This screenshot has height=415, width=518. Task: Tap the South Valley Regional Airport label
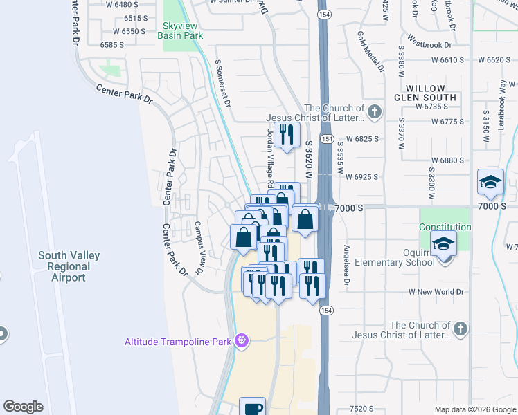click(x=69, y=266)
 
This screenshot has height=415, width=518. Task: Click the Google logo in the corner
click(x=24, y=407)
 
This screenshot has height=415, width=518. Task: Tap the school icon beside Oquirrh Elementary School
click(x=443, y=243)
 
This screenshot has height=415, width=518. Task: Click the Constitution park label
click(x=445, y=227)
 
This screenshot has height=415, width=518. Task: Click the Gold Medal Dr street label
click(x=370, y=51)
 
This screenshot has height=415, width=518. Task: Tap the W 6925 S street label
click(x=361, y=177)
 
